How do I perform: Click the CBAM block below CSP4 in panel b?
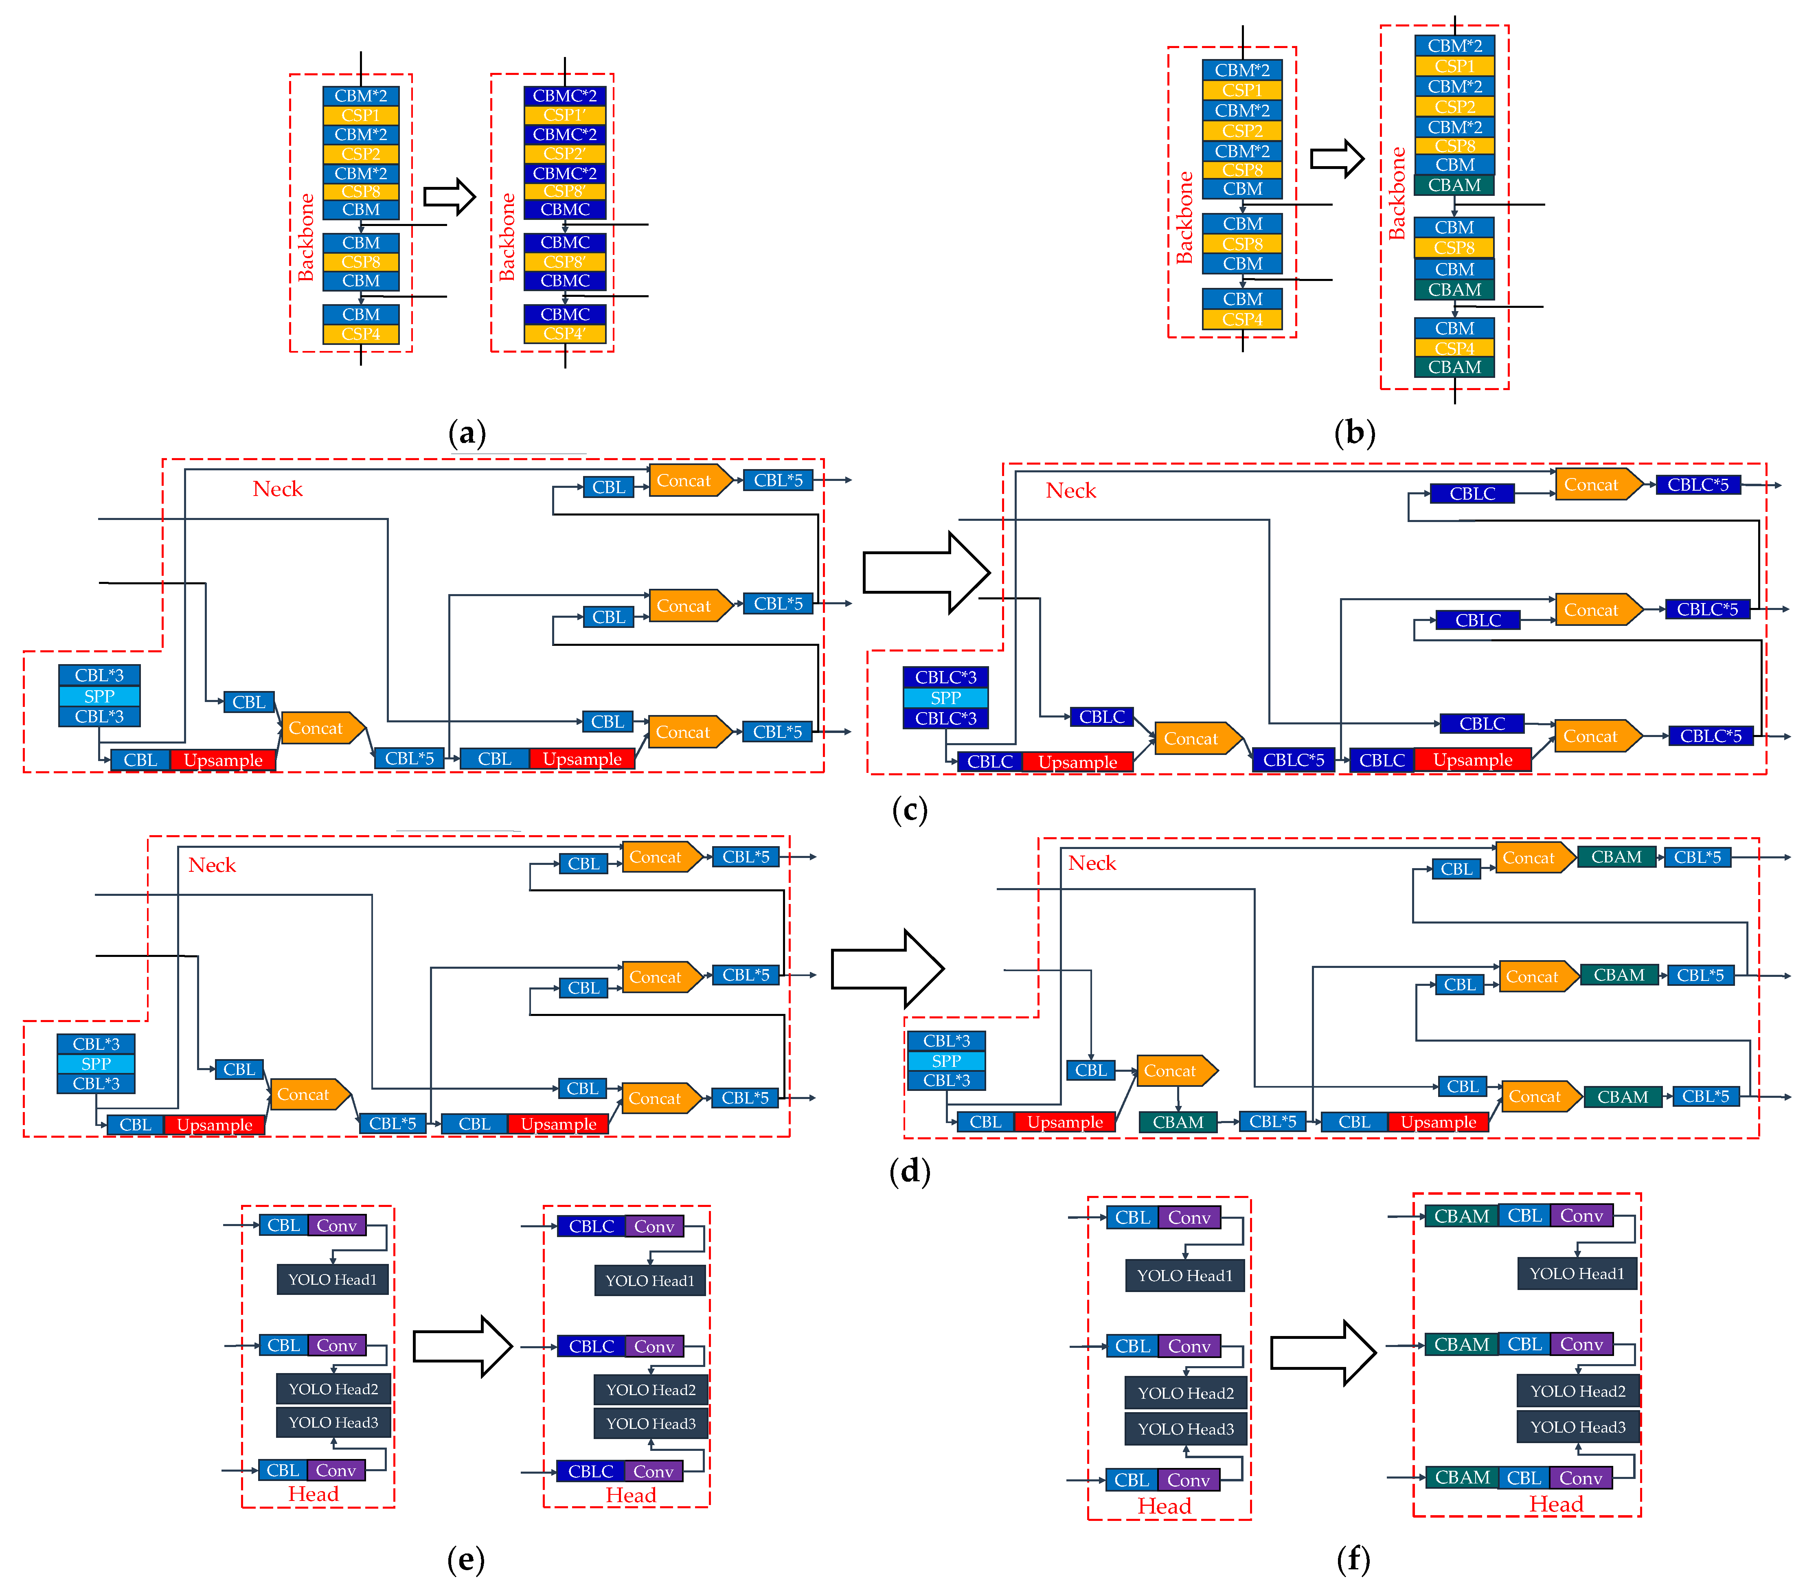point(1454,367)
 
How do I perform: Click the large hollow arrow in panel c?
point(926,572)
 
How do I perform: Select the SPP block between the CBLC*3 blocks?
point(945,698)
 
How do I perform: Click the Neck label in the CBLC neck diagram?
point(1070,491)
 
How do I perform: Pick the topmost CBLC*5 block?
point(1697,485)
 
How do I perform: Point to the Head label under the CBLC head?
point(631,1495)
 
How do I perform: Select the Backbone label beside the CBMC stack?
point(507,237)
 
